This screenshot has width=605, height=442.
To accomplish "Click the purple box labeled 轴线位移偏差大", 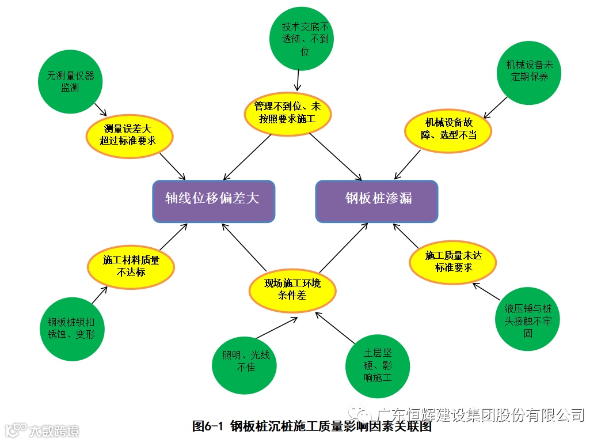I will [x=213, y=201].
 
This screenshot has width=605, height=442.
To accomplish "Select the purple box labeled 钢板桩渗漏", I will [x=377, y=201].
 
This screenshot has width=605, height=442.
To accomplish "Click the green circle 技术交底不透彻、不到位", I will [x=301, y=39].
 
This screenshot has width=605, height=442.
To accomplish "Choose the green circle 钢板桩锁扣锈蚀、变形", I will [x=72, y=329].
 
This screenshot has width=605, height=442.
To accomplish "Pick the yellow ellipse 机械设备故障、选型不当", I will [x=448, y=131].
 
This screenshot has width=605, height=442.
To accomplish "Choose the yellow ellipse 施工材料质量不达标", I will [x=131, y=266].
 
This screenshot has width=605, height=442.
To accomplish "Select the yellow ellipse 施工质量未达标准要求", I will [x=452, y=262].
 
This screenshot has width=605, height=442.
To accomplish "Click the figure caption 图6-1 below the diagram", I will [x=311, y=426].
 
